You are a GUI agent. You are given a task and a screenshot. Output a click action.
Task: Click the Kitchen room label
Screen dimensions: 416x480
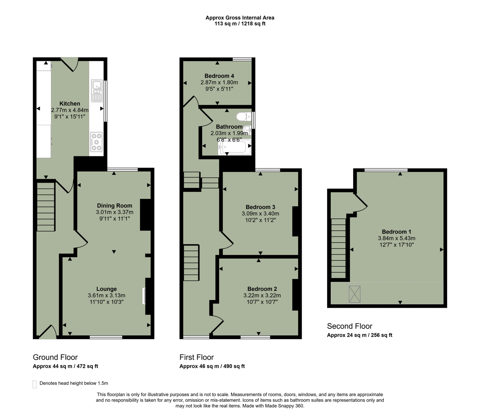pos(70,104)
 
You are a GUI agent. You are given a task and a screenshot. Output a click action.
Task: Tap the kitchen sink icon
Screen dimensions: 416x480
pos(96,91)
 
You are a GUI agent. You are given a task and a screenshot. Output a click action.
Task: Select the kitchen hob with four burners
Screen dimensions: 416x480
pos(96,142)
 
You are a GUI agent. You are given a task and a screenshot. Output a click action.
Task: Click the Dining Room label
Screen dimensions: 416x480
pos(114,206)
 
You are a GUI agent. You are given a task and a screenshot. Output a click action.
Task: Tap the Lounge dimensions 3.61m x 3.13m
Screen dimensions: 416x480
pos(106,295)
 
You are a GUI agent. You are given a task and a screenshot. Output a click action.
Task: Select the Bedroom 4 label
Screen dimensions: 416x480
pos(219,76)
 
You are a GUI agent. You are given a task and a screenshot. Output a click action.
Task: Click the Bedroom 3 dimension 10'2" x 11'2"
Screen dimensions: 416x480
pos(260,220)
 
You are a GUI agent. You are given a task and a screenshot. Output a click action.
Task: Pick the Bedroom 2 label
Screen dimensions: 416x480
pos(262,289)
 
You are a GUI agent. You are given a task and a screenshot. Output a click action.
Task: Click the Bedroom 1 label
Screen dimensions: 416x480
pos(396,231)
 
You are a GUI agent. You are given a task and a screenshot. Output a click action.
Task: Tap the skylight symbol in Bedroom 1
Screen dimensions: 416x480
pos(354,294)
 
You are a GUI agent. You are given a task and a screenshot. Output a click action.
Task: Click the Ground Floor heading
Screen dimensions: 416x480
pos(55,357)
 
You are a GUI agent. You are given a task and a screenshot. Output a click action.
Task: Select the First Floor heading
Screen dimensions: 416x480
pos(196,357)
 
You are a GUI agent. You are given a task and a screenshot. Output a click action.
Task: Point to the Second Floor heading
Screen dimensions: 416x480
pos(349,326)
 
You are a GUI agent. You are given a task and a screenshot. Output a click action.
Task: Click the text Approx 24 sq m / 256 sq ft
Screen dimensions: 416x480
pos(359,335)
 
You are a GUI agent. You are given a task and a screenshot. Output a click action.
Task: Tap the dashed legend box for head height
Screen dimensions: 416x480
pos(35,384)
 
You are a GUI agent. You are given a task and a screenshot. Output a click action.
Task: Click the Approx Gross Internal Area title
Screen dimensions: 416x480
pos(240,18)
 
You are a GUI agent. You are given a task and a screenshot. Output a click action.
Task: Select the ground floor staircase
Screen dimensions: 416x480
pos(46,207)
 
